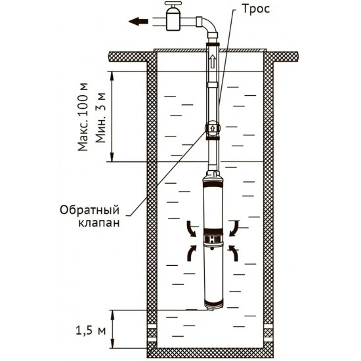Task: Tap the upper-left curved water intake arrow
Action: coord(190,228)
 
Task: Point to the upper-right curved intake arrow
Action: coord(235,228)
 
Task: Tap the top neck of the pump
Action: coord(213,176)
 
